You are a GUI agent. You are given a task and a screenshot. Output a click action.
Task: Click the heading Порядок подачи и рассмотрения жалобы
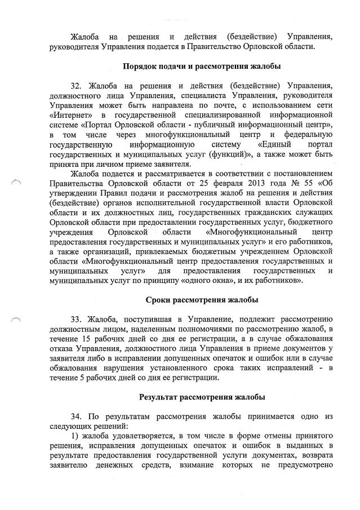point(202,66)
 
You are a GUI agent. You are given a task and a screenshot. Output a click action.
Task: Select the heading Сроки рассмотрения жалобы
point(202,299)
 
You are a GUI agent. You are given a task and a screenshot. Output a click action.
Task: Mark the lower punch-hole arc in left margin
point(17,321)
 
